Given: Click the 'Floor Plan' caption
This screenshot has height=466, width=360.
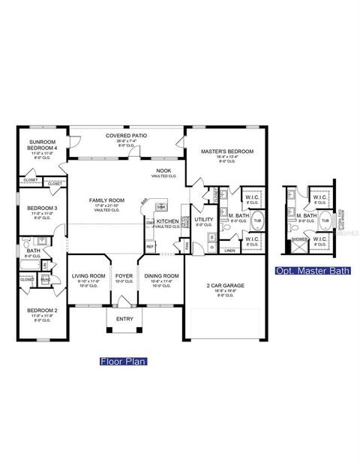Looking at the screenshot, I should (x=124, y=361).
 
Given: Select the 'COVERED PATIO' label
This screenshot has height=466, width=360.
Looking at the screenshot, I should (x=126, y=136).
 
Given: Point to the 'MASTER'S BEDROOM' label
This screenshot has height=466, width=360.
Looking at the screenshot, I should (x=227, y=152).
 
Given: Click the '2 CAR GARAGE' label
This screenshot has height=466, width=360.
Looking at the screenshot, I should (x=223, y=285).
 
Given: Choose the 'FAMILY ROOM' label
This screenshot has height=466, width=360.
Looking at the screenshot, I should (x=106, y=200).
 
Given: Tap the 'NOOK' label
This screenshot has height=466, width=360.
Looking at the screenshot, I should (x=163, y=171).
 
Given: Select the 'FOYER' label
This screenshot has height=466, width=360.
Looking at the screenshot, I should (x=124, y=276).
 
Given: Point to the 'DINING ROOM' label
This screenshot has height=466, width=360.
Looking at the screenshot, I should (x=161, y=276).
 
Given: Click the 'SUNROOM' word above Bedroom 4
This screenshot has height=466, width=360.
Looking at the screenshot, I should (x=42, y=142).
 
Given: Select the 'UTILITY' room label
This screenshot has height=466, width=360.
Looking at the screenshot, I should (x=204, y=220).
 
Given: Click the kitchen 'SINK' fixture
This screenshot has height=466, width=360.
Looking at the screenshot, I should (x=161, y=206).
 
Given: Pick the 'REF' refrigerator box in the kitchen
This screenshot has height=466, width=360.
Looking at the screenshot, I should (x=150, y=246).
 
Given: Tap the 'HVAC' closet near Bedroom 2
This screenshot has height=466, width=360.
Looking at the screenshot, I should (x=45, y=280).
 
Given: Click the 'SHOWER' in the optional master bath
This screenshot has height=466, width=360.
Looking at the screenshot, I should (x=298, y=240).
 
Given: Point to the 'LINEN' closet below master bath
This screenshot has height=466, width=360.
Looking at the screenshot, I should (x=230, y=251).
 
